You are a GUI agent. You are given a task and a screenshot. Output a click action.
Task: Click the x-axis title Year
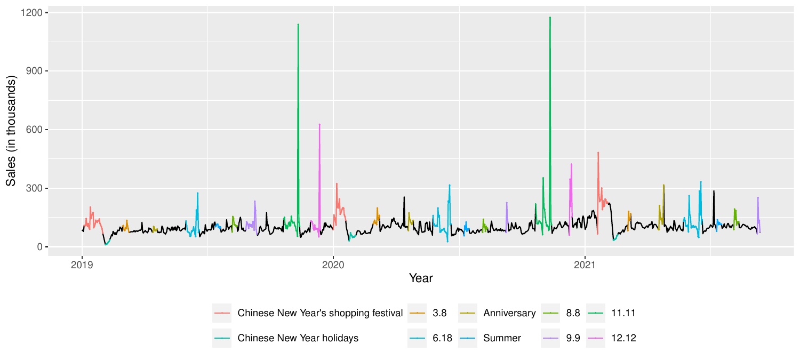(x=421, y=278)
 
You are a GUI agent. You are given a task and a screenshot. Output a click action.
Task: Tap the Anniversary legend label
(x=509, y=313)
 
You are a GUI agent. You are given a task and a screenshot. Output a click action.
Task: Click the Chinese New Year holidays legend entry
(x=298, y=338)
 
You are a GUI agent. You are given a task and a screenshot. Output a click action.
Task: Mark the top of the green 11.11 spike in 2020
(x=550, y=18)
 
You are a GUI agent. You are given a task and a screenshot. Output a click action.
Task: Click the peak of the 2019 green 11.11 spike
(x=298, y=25)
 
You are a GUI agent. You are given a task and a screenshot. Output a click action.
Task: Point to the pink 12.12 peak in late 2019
(x=319, y=124)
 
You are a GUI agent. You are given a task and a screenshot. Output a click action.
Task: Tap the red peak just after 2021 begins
(x=598, y=153)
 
